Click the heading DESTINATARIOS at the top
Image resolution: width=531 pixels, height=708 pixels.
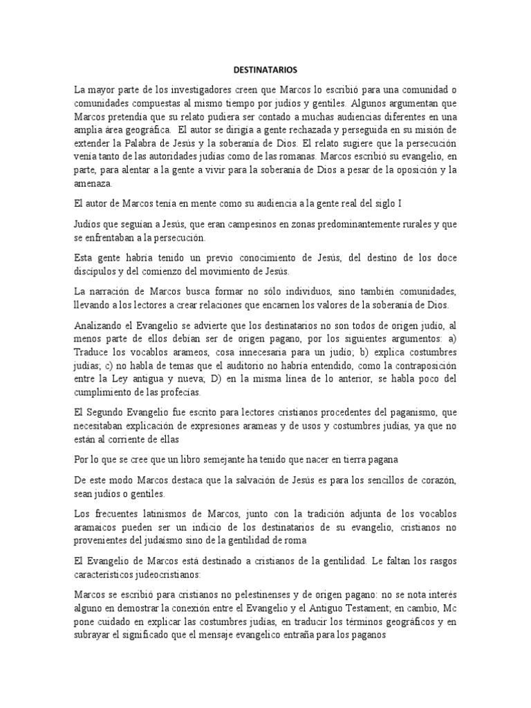pyautogui.click(x=265, y=70)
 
